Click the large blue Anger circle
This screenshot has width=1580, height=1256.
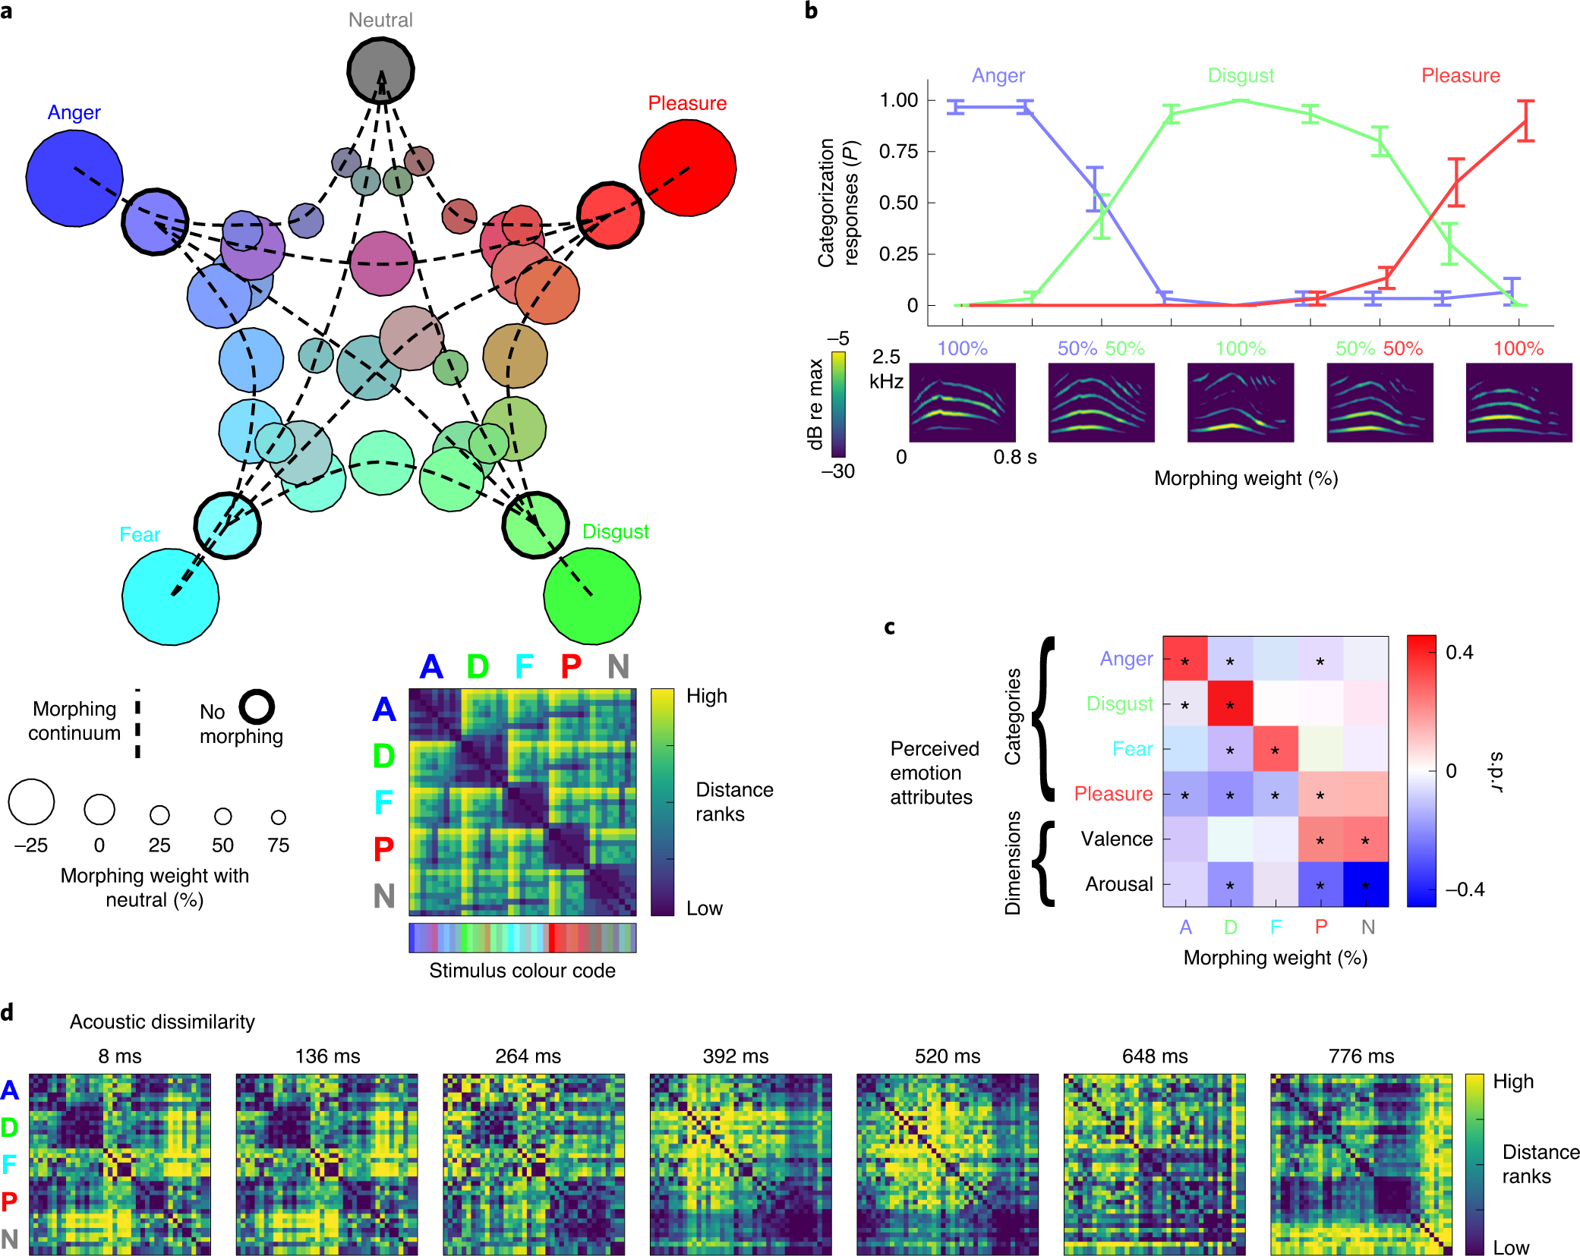click(x=74, y=178)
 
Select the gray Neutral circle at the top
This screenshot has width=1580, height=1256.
click(x=380, y=70)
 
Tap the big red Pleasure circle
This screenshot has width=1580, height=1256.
click(x=687, y=168)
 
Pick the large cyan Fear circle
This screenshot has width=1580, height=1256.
click(x=171, y=597)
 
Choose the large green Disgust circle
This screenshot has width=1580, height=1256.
click(x=592, y=597)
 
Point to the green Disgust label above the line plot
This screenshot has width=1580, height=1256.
click(x=1241, y=76)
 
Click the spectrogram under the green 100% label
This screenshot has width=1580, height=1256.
click(x=1241, y=402)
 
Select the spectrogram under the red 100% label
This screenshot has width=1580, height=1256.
click(x=1519, y=402)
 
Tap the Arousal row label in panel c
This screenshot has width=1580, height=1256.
click(x=1118, y=884)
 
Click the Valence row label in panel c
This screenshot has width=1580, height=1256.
click(x=1116, y=839)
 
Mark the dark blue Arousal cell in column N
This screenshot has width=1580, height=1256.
click(x=1366, y=884)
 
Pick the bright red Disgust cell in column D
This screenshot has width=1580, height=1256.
click(x=1230, y=704)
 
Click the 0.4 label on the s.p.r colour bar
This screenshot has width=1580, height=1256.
click(x=1459, y=653)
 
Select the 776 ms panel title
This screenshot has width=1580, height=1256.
click(x=1361, y=1056)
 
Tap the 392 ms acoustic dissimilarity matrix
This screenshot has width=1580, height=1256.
click(x=740, y=1164)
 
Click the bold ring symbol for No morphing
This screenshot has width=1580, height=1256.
click(x=257, y=707)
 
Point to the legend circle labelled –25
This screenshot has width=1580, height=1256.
click(x=31, y=801)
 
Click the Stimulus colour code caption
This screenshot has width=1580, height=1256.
click(x=522, y=971)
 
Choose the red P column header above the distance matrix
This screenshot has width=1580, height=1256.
click(x=571, y=666)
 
